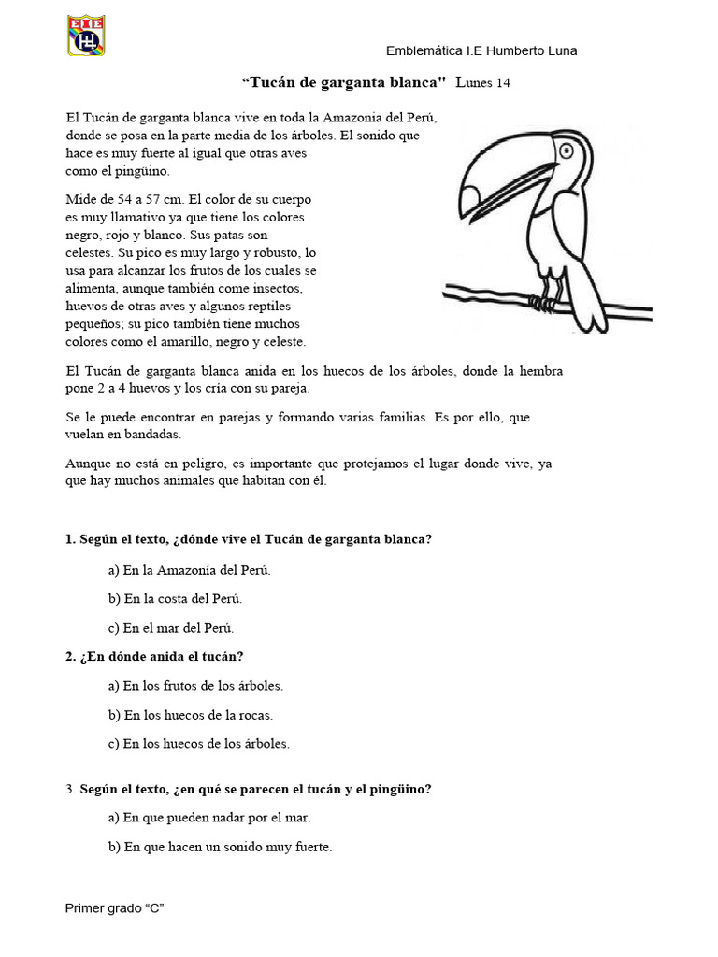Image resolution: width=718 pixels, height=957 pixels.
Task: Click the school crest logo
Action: pyautogui.click(x=86, y=35)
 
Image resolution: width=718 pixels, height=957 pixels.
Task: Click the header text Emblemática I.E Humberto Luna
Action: pyautogui.click(x=481, y=50)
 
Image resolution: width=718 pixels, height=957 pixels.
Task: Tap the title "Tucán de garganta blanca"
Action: pyautogui.click(x=344, y=82)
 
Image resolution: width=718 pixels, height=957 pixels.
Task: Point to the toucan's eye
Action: pyautogui.click(x=569, y=149)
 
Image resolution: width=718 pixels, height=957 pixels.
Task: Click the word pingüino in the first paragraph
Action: pyautogui.click(x=145, y=171)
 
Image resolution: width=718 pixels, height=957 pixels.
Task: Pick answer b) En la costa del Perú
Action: pyautogui.click(x=175, y=598)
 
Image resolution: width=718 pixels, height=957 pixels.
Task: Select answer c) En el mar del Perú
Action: pyautogui.click(x=171, y=627)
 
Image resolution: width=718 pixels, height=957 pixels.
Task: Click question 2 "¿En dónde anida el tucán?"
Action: pyautogui.click(x=154, y=656)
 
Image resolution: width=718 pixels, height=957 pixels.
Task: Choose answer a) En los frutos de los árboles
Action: pyautogui.click(x=195, y=685)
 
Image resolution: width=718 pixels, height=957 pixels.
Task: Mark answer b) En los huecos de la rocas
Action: pyautogui.click(x=190, y=715)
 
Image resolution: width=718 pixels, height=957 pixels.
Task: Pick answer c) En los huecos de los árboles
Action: pyautogui.click(x=199, y=744)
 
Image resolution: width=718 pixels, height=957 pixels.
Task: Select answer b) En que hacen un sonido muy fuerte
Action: pyautogui.click(x=220, y=847)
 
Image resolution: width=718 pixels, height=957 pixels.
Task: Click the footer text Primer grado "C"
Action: pyautogui.click(x=115, y=907)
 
